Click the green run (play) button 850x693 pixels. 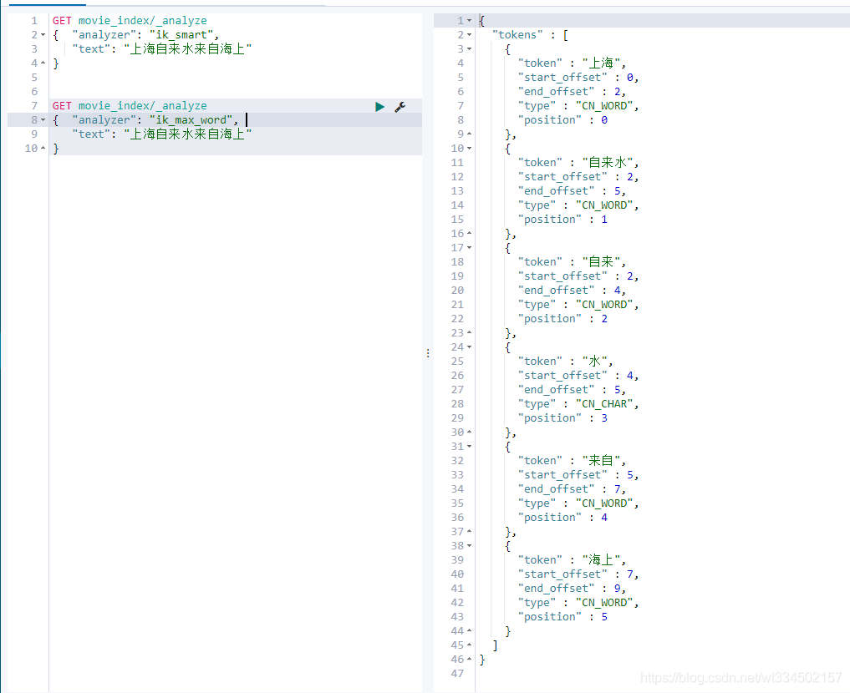379,107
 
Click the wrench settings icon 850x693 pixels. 400,107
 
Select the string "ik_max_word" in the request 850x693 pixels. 191,119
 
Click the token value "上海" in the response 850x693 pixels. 601,63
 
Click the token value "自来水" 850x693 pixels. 608,163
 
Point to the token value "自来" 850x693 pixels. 601,262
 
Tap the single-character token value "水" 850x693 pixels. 595,362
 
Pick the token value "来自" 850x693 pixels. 601,461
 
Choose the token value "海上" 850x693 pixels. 601,559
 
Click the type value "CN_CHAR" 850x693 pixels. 604,404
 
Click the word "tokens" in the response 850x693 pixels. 517,35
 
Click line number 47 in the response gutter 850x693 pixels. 457,674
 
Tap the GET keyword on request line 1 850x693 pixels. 62,21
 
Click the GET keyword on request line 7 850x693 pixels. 62,105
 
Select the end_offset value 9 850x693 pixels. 617,589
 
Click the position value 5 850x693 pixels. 604,617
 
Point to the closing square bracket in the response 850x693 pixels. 495,645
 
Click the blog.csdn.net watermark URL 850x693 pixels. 741,678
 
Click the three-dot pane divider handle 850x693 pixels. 428,353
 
